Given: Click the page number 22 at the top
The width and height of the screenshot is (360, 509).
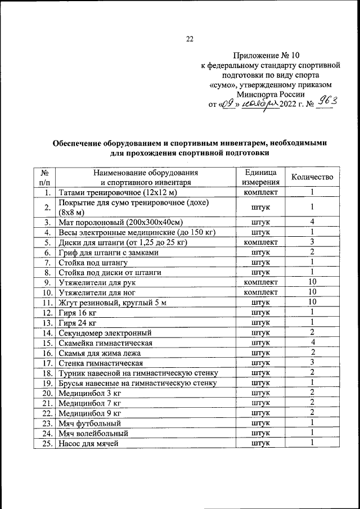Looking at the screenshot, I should [x=190, y=39].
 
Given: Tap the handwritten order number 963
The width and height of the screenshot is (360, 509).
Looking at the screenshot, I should [x=326, y=101].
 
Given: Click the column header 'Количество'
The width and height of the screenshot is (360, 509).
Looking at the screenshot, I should [x=312, y=177].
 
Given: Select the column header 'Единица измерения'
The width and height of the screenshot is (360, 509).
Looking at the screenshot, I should [x=260, y=177].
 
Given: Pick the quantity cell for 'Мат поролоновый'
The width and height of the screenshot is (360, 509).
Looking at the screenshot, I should [x=312, y=222].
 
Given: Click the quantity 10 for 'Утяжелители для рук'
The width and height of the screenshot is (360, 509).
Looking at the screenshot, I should [x=312, y=282].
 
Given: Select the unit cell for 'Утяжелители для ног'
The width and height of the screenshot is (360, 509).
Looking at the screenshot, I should [x=260, y=292].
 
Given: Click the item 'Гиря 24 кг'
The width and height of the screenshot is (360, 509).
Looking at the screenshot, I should [x=77, y=322].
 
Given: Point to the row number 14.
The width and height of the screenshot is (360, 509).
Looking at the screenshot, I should [x=47, y=332].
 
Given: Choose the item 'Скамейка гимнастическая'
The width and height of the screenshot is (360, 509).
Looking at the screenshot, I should [x=105, y=343].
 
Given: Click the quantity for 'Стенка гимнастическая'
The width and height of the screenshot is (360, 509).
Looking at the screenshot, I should [x=312, y=363].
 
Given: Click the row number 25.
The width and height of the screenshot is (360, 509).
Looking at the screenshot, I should [x=47, y=443].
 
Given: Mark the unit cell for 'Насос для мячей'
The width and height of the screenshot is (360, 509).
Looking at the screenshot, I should [x=260, y=443].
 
